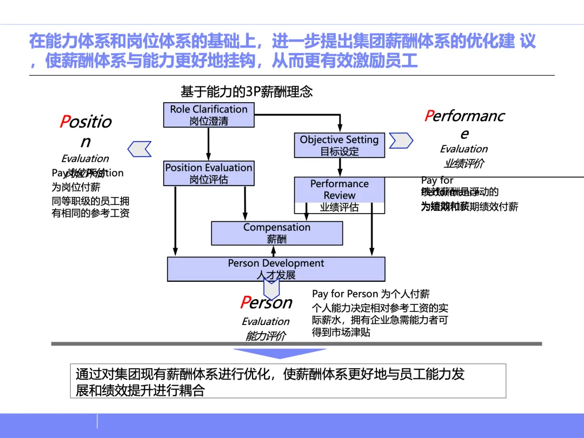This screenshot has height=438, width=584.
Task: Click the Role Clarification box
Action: pos(209,115)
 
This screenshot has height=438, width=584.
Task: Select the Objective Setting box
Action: pos(339,145)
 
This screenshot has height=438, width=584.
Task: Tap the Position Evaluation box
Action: pos(209,173)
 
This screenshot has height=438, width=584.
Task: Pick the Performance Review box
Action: pos(339,195)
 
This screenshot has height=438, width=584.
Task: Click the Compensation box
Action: pos(276,233)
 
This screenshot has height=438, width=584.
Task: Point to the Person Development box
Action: pos(276,269)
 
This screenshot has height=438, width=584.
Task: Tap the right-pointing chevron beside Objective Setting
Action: pos(401,141)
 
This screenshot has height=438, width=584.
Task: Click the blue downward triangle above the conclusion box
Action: pos(273,353)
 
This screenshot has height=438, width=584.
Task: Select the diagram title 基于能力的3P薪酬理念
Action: pos(247,91)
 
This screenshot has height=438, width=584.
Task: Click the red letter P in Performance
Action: pos(429,116)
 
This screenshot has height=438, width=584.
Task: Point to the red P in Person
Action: pos(245,303)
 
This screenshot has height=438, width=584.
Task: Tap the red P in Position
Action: pos(65,122)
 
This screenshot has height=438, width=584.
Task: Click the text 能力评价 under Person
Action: pos(265,336)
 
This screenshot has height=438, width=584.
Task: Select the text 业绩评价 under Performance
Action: pos(463,163)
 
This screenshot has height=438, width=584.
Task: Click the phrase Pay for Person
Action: pos(344,294)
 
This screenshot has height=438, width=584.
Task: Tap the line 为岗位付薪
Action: pos(76,188)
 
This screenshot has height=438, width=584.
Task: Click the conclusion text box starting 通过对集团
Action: pos(288,381)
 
